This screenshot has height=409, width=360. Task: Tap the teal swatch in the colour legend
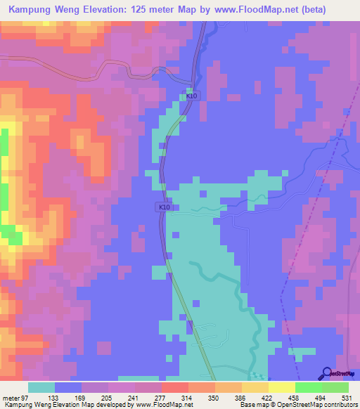point(41,387)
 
